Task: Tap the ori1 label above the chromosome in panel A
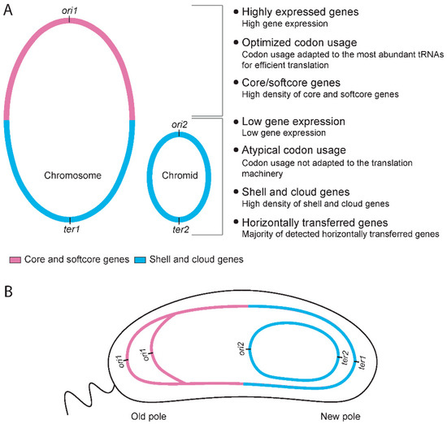[x=70, y=9]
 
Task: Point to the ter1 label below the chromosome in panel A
[x=70, y=231]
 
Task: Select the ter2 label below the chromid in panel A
[x=180, y=231]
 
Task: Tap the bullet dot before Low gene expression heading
[x=236, y=121]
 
